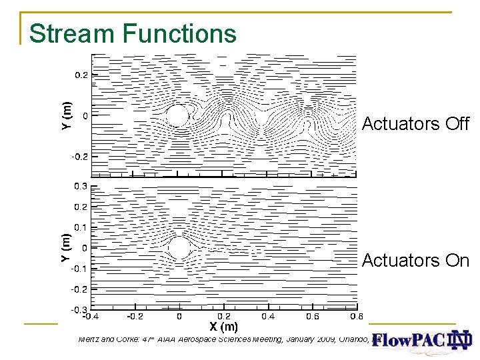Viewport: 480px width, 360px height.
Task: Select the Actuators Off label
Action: [415, 124]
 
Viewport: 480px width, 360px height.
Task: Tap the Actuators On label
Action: [415, 261]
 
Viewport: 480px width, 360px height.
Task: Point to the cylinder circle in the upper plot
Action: [177, 115]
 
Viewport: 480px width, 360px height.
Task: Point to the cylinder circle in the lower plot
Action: [179, 248]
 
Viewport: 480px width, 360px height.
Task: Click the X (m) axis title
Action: [223, 327]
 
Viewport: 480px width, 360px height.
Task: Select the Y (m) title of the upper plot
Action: [66, 115]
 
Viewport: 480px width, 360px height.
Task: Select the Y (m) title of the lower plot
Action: [66, 247]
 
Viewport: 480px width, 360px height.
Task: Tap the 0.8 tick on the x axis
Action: [356, 316]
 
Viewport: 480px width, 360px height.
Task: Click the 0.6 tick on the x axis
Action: [311, 316]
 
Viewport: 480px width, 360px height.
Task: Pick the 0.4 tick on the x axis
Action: [267, 316]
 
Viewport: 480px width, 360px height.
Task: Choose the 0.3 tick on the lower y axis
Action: [80, 185]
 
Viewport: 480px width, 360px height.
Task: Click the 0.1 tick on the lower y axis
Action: [80, 227]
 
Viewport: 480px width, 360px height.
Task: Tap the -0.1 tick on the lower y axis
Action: [79, 269]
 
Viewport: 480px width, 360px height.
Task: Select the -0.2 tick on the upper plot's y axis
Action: [79, 157]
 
